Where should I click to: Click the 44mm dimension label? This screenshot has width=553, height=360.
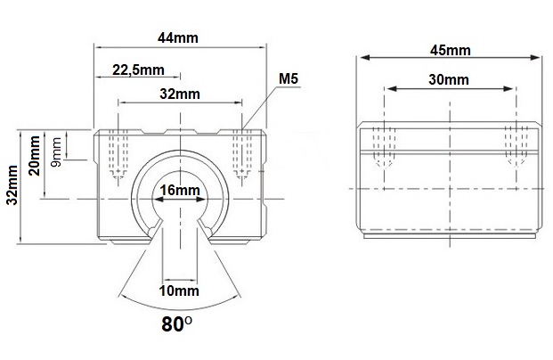click(178, 37)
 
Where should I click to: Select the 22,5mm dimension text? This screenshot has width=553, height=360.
click(138, 70)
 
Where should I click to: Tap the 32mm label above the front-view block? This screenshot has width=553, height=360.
click(180, 94)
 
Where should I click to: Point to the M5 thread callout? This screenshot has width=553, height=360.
click(289, 78)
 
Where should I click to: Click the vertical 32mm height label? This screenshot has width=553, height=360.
click(12, 184)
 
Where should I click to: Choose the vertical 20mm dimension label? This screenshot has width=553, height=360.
click(35, 156)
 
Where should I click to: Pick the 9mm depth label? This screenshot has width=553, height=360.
click(56, 151)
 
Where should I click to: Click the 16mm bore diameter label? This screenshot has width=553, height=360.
click(180, 190)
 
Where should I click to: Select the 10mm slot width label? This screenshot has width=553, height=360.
click(179, 290)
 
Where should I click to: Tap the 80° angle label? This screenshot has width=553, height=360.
click(177, 324)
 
